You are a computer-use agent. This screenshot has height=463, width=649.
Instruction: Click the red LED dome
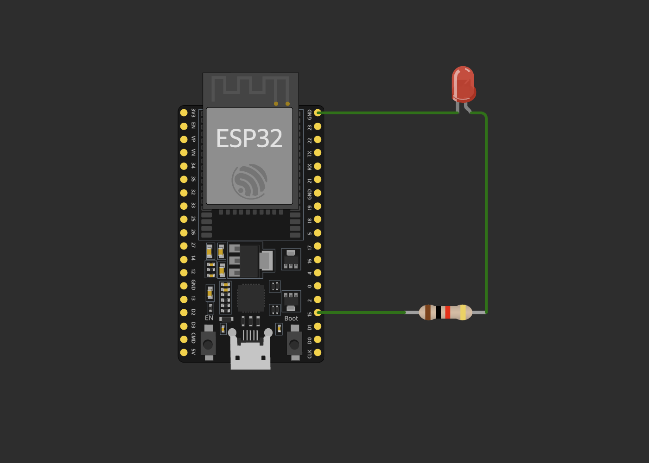coord(463,83)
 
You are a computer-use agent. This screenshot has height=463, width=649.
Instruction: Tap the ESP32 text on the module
coord(249,138)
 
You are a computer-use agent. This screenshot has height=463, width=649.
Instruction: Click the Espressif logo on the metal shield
coord(249,180)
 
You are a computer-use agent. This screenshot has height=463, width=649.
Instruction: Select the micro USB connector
coord(250,354)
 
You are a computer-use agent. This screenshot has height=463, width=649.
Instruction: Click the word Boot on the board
coord(291,319)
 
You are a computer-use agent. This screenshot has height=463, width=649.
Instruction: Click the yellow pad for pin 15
coord(318,313)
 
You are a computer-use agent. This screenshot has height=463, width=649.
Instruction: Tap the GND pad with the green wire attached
coord(318,113)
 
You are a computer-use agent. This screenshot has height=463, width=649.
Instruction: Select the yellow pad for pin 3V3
coord(184,113)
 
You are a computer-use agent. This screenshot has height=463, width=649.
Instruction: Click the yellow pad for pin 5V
coord(184,352)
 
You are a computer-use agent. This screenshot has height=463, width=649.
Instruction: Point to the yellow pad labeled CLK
coord(318,352)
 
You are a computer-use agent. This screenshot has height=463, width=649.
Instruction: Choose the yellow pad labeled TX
coord(318,153)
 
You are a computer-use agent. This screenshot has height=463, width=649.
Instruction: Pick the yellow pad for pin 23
coord(318,126)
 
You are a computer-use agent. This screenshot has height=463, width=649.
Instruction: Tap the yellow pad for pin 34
coord(184,166)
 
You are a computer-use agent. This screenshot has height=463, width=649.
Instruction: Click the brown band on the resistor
coord(428,313)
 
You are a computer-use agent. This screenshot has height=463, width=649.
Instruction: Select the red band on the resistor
coord(447,313)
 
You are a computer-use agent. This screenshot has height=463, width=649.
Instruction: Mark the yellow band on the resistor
coord(463,313)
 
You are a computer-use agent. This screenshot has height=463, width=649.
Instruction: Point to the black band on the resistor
coord(438,313)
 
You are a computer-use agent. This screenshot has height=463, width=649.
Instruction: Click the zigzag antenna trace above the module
coord(250,88)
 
